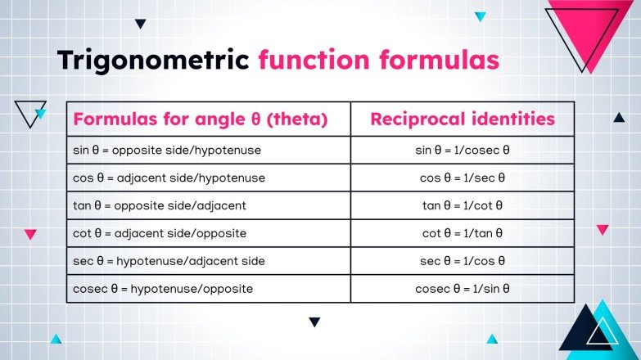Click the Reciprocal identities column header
pyautogui.click(x=463, y=119)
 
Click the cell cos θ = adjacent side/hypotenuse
pyautogui.click(x=169, y=178)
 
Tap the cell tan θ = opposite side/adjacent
pyautogui.click(x=160, y=205)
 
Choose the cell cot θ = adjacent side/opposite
pyautogui.click(x=160, y=233)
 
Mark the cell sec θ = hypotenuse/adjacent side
pyautogui.click(x=169, y=261)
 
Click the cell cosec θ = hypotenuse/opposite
pyautogui.click(x=163, y=289)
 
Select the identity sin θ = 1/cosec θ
pyautogui.click(x=463, y=151)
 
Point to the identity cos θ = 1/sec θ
pyautogui.click(x=463, y=178)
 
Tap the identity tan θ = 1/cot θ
pyautogui.click(x=463, y=205)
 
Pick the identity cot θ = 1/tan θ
pyautogui.click(x=463, y=233)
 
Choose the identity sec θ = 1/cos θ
pyautogui.click(x=463, y=261)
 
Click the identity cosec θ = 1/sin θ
pyautogui.click(x=463, y=289)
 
